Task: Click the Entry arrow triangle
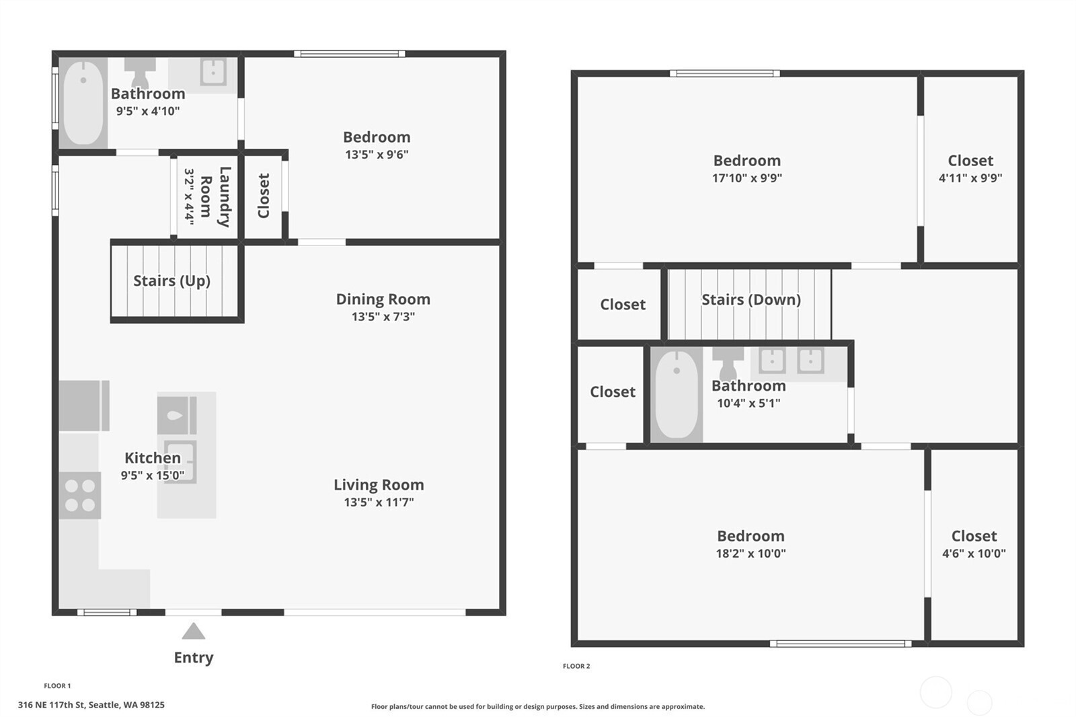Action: click(193, 632)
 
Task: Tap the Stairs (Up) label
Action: click(171, 280)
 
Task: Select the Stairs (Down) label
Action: click(751, 299)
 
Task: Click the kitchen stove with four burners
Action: click(80, 496)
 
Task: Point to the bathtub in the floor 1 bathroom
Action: click(83, 103)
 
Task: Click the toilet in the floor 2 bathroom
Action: click(728, 363)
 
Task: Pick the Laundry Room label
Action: click(215, 196)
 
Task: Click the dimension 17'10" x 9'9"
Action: click(746, 178)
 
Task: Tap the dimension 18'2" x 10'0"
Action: click(751, 554)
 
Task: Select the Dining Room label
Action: click(383, 299)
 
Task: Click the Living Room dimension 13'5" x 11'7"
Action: click(379, 502)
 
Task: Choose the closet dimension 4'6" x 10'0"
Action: click(973, 554)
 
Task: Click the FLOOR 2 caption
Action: click(576, 666)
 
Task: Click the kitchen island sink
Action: click(180, 461)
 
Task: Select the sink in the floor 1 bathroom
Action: click(213, 71)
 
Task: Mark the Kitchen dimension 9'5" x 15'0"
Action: click(152, 476)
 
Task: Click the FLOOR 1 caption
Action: click(57, 685)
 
